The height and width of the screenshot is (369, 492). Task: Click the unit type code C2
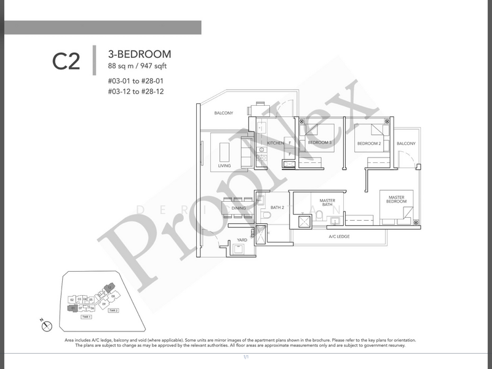pyautogui.click(x=66, y=62)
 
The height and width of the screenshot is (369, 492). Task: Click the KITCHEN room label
pyautogui.click(x=275, y=143)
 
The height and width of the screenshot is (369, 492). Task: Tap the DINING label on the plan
pyautogui.click(x=238, y=208)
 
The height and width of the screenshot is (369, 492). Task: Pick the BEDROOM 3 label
pyautogui.click(x=320, y=143)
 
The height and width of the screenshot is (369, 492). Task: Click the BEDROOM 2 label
pyautogui.click(x=370, y=143)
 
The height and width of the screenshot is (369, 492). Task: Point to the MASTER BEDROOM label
pyautogui.click(x=396, y=199)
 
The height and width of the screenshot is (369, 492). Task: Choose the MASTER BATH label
pyautogui.click(x=327, y=204)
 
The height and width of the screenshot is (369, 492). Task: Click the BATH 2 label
pyautogui.click(x=277, y=208)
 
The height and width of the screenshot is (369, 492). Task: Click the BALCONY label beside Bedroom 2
pyautogui.click(x=406, y=143)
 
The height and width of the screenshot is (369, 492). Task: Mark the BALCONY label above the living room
pyautogui.click(x=223, y=113)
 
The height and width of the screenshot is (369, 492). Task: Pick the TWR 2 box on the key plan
pyautogui.click(x=113, y=311)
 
